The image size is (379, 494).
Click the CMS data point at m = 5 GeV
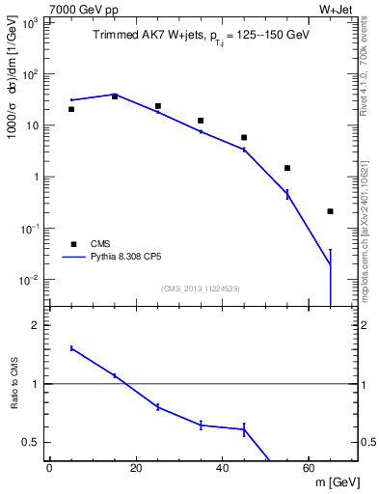coord(71,109)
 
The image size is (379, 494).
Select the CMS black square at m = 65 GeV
coord(330,211)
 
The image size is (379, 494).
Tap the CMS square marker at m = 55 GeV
coord(287,168)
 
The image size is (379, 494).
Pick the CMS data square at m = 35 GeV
coord(201,121)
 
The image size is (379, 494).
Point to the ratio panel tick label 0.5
coord(32,442)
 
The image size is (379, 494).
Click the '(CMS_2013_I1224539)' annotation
coord(201,288)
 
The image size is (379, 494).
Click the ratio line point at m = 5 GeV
coord(71,348)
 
